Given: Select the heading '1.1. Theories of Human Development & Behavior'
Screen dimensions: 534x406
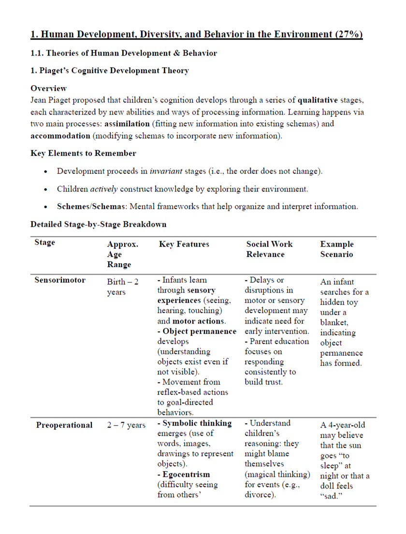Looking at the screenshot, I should tap(124, 53).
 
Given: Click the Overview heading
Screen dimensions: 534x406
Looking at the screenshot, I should tap(48, 89).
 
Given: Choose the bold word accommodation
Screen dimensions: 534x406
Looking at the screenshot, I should tap(60, 135).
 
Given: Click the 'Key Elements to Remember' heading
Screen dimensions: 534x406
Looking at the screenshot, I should tap(83, 153).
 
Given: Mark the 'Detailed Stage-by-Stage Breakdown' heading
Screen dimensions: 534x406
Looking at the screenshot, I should tap(98, 224).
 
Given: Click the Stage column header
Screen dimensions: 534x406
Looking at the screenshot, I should tap(45, 243).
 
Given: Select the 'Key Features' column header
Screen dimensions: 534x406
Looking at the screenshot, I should tap(184, 244).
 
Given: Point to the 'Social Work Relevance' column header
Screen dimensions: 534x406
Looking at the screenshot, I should tap(269, 249).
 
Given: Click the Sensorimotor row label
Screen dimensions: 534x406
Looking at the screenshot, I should tap(60, 280).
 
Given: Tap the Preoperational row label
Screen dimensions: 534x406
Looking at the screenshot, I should tap(64, 425).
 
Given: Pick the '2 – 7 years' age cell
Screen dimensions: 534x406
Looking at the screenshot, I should tap(126, 425).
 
